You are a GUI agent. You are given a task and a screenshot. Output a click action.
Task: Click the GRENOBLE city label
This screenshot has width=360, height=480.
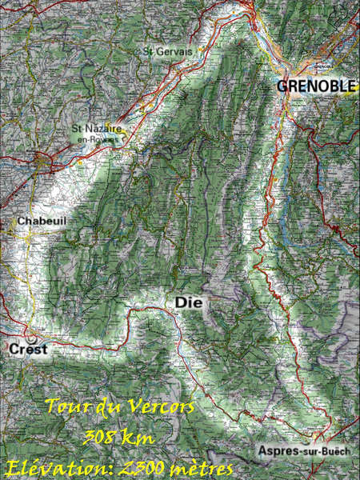[316, 86]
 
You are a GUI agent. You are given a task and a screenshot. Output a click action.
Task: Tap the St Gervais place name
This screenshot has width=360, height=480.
[169, 51]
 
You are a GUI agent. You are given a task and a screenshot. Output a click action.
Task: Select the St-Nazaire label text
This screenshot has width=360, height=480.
[97, 128]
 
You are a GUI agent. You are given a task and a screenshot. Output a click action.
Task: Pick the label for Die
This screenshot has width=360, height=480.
[186, 302]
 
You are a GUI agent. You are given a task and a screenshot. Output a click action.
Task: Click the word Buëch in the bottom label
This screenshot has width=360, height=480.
[334, 452]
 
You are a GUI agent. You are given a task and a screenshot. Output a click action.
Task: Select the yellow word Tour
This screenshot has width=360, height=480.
[64, 406]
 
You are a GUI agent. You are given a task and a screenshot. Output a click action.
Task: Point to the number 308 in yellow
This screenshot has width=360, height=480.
[102, 437]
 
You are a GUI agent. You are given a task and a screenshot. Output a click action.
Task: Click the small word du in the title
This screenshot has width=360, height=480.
[105, 406]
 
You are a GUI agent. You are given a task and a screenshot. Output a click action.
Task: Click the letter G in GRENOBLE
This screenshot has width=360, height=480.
[282, 86]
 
